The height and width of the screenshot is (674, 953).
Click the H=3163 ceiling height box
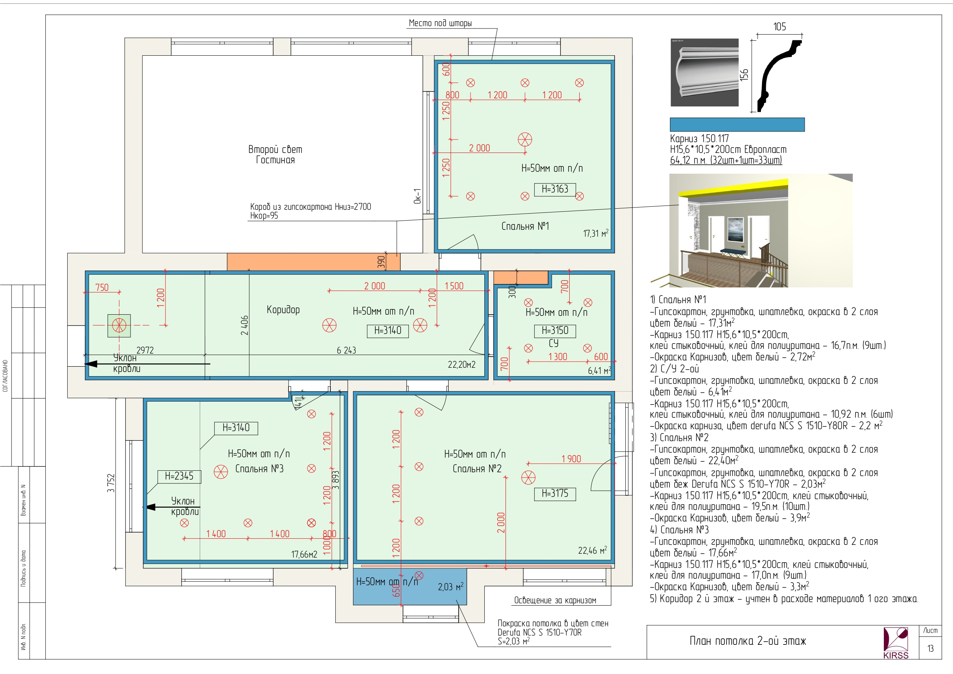click(555, 189)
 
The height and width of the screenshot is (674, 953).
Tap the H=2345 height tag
click(179, 476)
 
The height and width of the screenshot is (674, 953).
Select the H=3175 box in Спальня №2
click(555, 494)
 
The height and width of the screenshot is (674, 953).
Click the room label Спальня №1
click(525, 226)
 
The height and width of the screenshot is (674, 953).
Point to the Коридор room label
click(283, 310)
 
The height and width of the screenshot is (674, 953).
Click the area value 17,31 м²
click(596, 233)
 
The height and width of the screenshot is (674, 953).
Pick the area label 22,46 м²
click(592, 550)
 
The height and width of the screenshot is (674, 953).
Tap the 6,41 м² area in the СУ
click(599, 370)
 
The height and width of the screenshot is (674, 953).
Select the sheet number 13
click(931, 649)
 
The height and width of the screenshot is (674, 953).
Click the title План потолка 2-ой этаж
click(747, 641)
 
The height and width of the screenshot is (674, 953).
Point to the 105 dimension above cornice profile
click(779, 27)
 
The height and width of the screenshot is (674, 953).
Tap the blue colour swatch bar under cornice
click(737, 125)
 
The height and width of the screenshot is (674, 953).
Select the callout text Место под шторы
click(440, 23)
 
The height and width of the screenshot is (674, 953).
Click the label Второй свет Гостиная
click(275, 154)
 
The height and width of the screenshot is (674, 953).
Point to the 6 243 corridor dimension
click(346, 350)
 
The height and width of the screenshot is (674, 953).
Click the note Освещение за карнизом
click(555, 601)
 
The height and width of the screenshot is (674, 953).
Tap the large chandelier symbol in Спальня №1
click(525, 140)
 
